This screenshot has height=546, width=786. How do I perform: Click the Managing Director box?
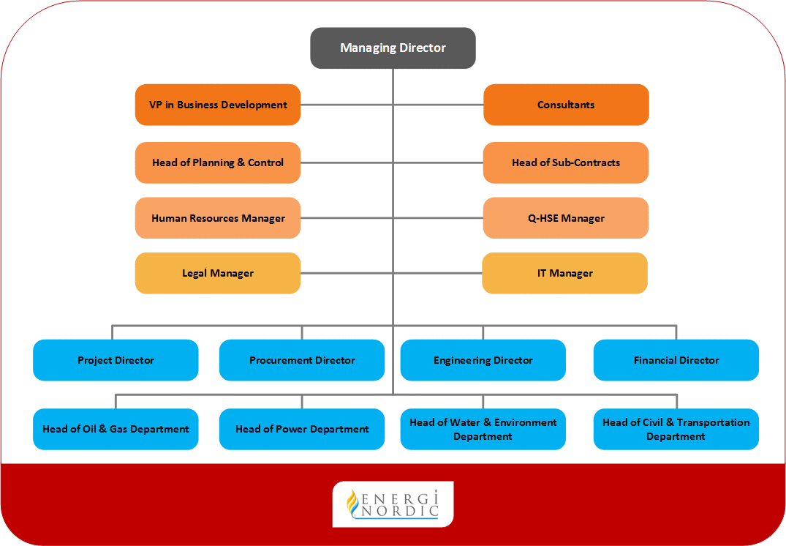coord(393,48)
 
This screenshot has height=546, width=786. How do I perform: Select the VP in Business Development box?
coord(218,105)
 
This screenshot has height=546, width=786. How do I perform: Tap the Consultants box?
coord(566,105)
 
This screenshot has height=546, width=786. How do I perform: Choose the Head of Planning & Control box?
coord(218,162)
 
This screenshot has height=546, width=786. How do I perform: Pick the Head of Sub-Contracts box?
coord(566,162)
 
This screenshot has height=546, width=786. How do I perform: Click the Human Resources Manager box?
coord(218,218)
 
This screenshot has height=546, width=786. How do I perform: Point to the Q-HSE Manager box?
coord(566,218)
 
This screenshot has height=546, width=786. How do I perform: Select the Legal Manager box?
coord(218,273)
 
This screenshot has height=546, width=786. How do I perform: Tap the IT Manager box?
coord(565,273)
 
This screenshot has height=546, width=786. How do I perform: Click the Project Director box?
coord(116,360)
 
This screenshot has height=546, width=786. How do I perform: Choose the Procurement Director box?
coord(302,360)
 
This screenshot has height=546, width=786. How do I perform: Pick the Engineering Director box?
coord(483,360)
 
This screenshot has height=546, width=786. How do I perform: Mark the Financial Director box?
coord(676,360)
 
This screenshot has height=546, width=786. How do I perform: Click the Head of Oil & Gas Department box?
coord(116,429)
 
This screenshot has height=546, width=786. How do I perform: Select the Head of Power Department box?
coord(302,429)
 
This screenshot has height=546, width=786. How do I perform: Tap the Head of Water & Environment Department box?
coord(483,429)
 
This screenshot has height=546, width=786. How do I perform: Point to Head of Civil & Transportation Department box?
coord(676,429)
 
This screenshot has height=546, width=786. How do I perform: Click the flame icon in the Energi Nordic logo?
coord(353,503)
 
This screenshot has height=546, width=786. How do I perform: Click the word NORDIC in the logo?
coord(400,512)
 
